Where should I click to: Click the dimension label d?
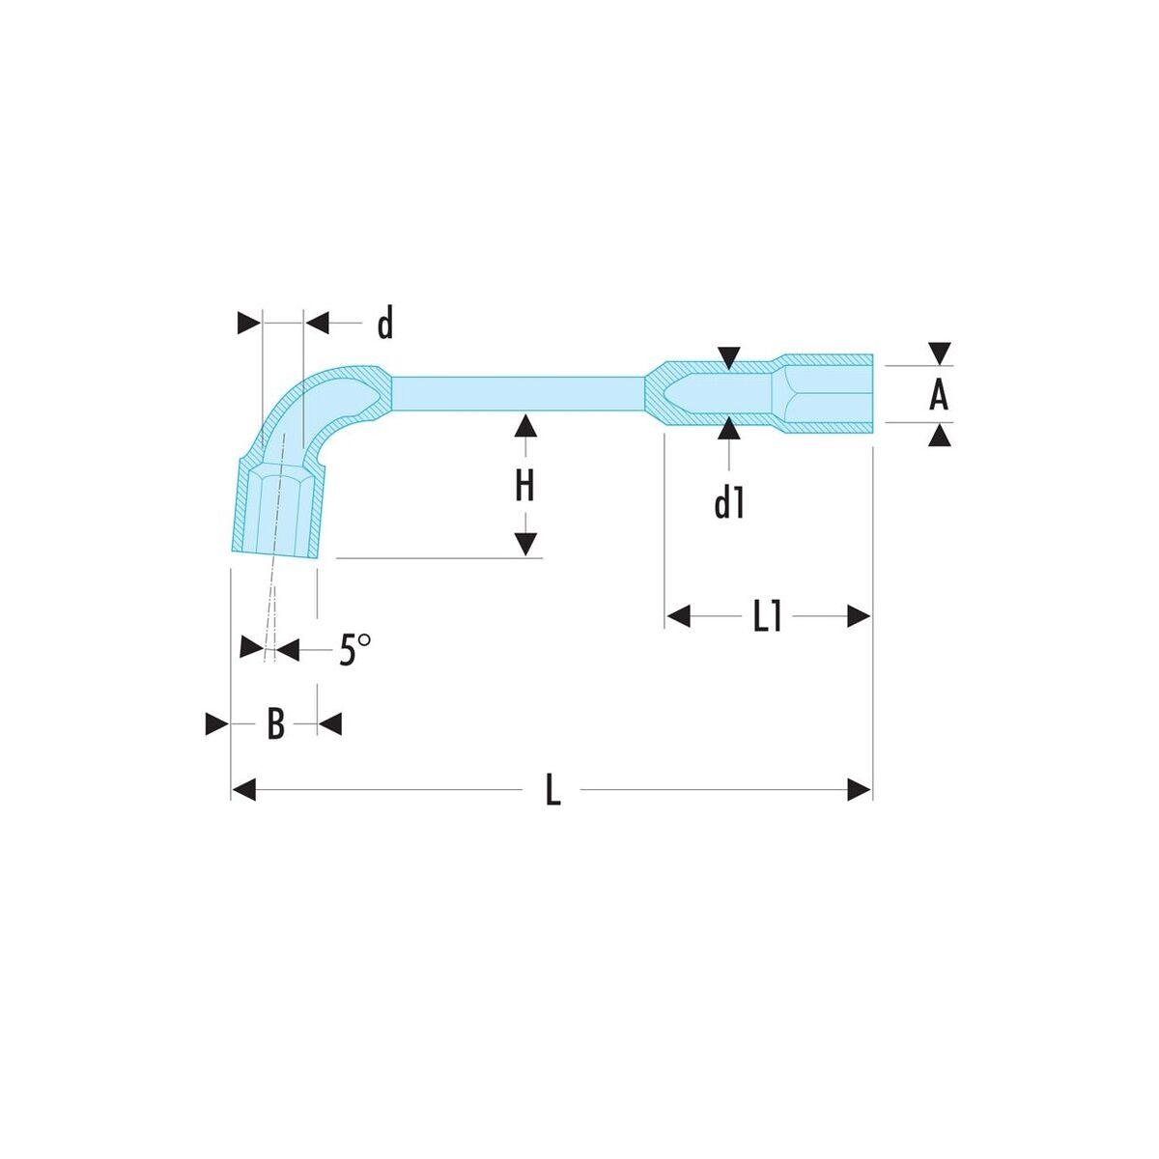tap(385, 323)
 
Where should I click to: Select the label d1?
tap(728, 502)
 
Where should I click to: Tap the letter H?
tap(525, 486)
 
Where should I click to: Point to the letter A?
tap(938, 395)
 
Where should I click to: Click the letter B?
tap(275, 723)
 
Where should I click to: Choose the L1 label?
tap(767, 617)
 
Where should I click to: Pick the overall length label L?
tap(552, 790)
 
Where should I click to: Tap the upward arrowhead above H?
tap(525, 425)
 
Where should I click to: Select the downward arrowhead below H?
tap(525, 545)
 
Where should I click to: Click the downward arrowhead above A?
tap(940, 353)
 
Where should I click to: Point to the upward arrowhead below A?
tap(940, 435)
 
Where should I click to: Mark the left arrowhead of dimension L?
tap(243, 790)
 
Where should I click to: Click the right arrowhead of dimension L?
tap(860, 790)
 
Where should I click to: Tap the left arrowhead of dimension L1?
tap(678, 616)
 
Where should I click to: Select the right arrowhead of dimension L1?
tap(859, 616)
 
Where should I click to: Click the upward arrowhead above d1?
tap(729, 428)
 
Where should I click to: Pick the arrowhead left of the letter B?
tap(217, 723)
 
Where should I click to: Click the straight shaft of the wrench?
tap(518, 394)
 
